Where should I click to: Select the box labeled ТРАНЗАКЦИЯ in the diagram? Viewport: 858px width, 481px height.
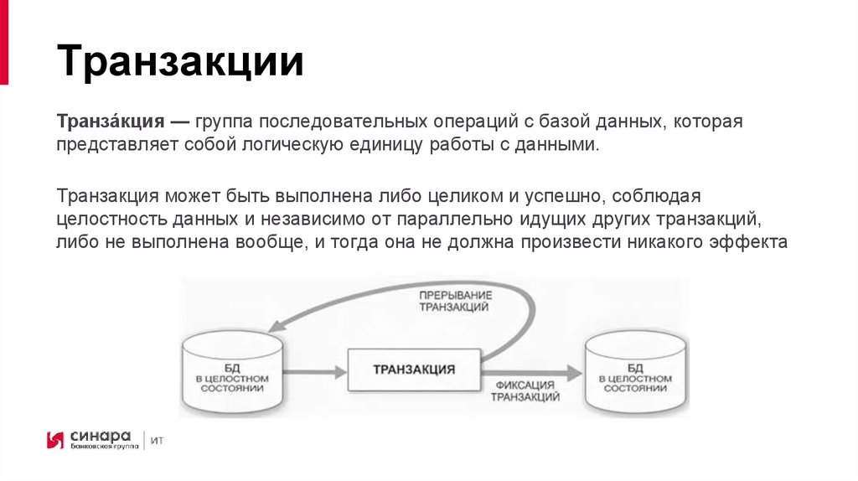[414, 369]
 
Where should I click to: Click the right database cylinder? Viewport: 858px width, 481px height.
[635, 371]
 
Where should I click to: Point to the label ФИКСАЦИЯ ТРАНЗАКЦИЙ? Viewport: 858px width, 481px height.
[525, 391]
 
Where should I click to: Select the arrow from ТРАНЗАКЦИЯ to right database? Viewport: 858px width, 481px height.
[533, 370]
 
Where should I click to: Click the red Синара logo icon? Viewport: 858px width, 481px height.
[55, 440]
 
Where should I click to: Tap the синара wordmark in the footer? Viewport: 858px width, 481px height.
[100, 436]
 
